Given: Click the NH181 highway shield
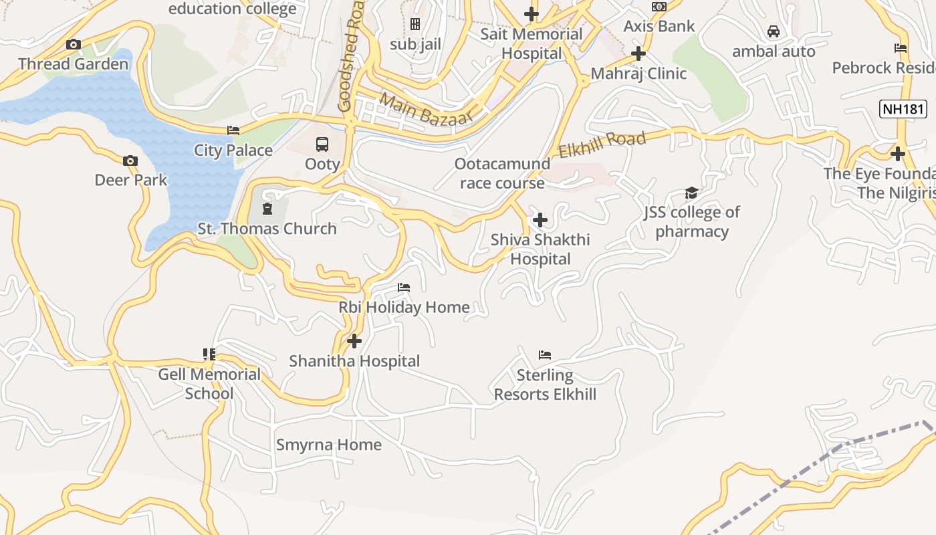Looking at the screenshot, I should (903, 109).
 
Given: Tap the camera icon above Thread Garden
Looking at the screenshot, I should (74, 45).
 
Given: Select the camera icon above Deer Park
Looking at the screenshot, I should (130, 160).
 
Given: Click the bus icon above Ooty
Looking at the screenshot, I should (322, 144).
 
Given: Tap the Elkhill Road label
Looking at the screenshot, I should (602, 144).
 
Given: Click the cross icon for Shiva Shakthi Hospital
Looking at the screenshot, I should (540, 219).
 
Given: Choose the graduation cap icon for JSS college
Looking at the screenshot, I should (691, 193).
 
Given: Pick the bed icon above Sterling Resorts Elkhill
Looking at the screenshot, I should (545, 355).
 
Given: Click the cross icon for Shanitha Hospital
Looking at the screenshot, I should (354, 341).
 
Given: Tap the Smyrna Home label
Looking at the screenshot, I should (329, 445).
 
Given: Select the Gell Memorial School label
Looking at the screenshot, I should (209, 383).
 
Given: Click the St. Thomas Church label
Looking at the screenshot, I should (267, 229).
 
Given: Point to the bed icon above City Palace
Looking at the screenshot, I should (233, 130).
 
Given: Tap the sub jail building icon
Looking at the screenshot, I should (415, 25).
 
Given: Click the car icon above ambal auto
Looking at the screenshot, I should (774, 31).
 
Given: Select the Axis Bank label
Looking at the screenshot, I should (659, 26).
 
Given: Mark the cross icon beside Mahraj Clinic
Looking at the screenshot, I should (638, 53).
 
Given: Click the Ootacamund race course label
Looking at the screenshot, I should (502, 173).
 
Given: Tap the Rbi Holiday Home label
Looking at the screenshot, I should (404, 308).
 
